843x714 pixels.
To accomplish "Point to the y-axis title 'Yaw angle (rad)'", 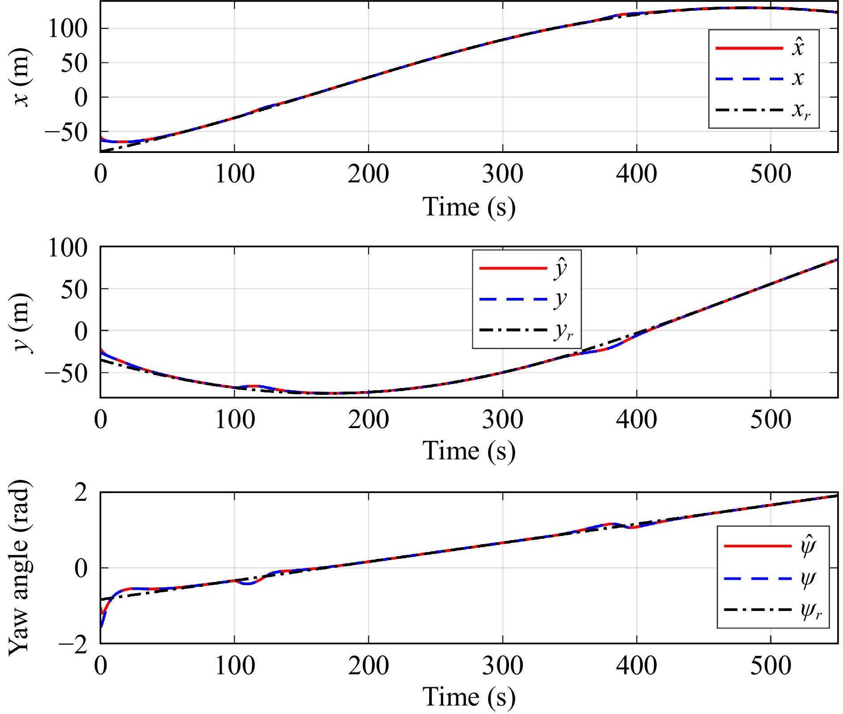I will click(x=20, y=567).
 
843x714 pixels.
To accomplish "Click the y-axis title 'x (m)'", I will click(x=21, y=77).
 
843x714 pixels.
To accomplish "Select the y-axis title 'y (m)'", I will click(x=21, y=322).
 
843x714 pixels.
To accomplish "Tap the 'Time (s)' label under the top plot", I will click(x=469, y=207).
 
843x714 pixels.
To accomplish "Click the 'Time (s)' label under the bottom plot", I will click(x=469, y=696).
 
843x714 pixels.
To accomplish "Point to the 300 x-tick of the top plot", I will click(x=502, y=174).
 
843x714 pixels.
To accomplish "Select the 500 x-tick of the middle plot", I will click(x=770, y=420).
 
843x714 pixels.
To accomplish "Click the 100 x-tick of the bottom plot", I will click(x=235, y=665).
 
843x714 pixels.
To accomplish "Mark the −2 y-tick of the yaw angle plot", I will click(x=74, y=645).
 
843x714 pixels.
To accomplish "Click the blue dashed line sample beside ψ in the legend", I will click(x=757, y=578).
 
